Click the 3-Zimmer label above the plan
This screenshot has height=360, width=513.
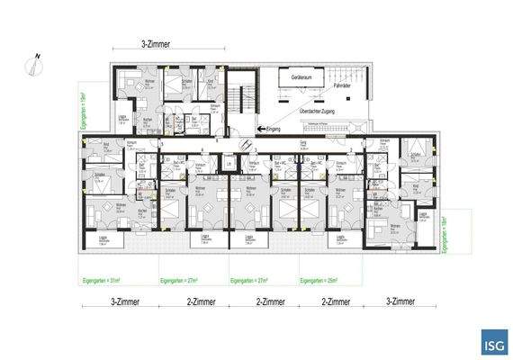157,44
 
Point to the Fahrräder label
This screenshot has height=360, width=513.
339,86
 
